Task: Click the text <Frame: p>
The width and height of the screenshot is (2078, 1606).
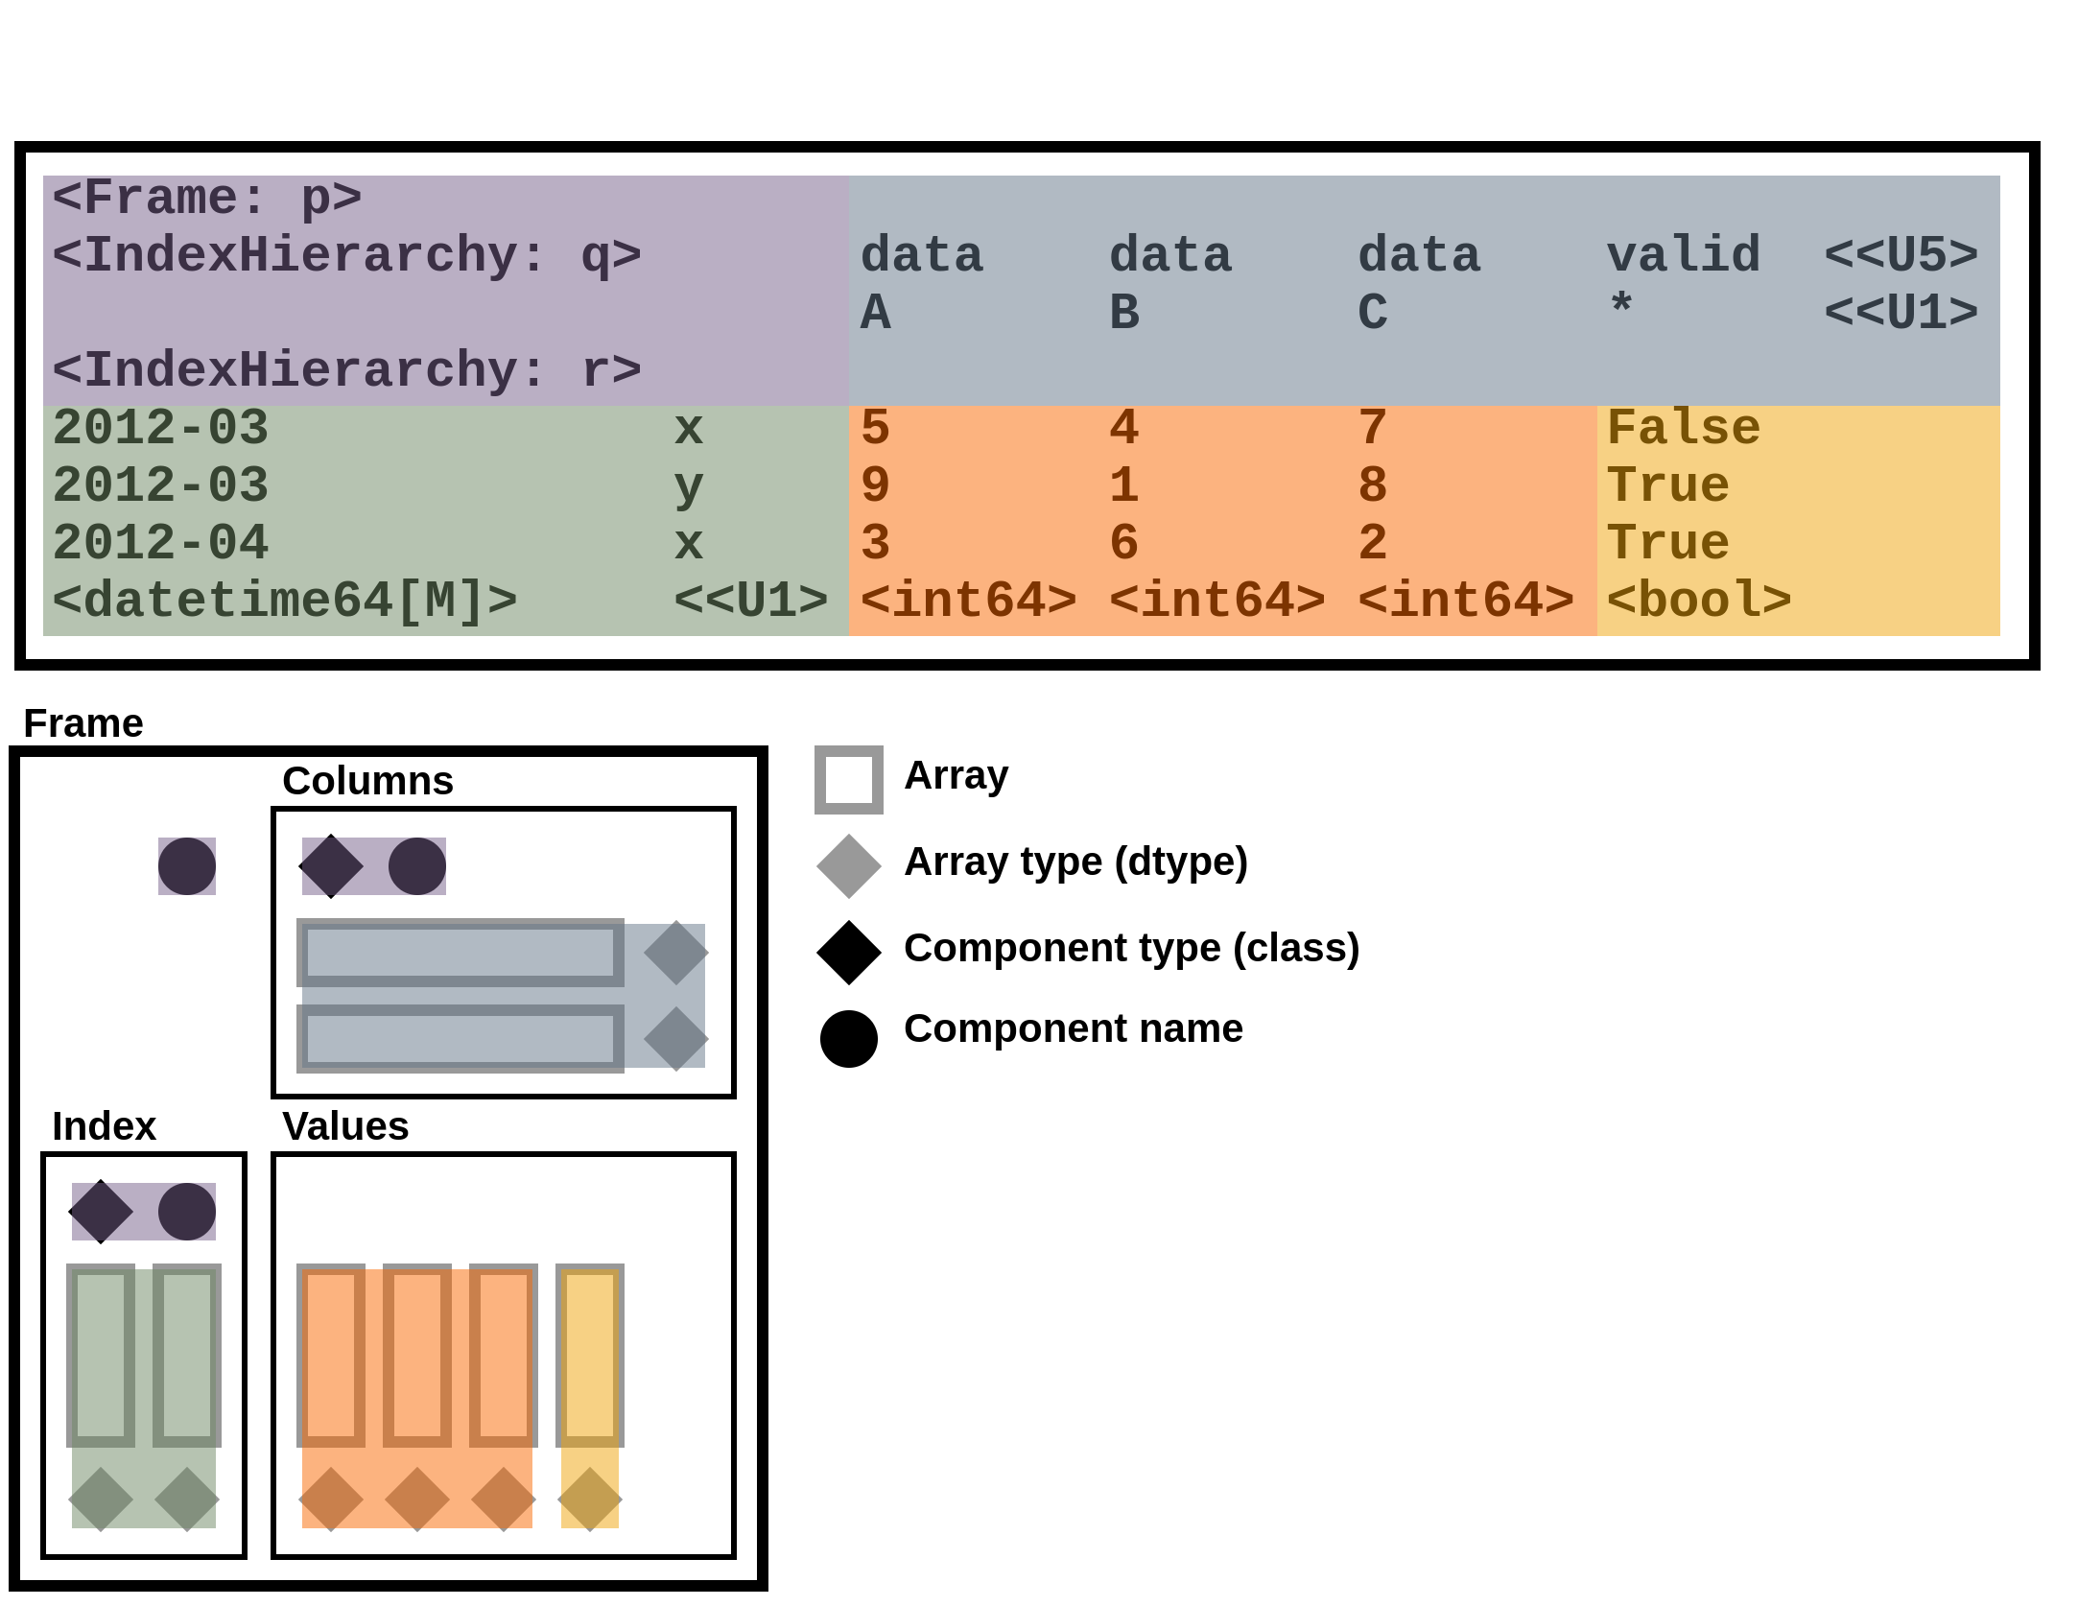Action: (206, 199)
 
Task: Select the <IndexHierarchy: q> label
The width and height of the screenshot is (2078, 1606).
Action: (346, 256)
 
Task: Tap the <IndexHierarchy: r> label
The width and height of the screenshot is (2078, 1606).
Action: (346, 371)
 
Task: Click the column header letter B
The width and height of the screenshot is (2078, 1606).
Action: (1124, 314)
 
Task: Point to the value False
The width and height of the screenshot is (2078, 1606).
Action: (1684, 429)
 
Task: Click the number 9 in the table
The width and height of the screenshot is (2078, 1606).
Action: (875, 486)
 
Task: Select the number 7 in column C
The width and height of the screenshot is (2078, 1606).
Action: (1373, 429)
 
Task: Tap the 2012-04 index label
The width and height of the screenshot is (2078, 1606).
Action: (160, 544)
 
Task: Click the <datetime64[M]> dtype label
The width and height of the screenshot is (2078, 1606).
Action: (284, 602)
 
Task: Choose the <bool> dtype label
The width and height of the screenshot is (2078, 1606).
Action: (1699, 602)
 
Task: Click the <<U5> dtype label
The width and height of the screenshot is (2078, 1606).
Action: (1901, 256)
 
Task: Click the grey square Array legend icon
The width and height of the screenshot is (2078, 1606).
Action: (849, 780)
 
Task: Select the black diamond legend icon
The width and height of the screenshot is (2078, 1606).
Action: (849, 953)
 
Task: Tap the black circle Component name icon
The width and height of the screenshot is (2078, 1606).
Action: (849, 1039)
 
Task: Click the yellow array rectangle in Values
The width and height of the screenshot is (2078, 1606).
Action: (590, 1355)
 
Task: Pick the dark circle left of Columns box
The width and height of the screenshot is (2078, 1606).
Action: (187, 866)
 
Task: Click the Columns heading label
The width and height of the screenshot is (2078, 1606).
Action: (367, 781)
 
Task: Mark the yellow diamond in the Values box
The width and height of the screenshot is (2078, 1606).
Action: (590, 1499)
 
